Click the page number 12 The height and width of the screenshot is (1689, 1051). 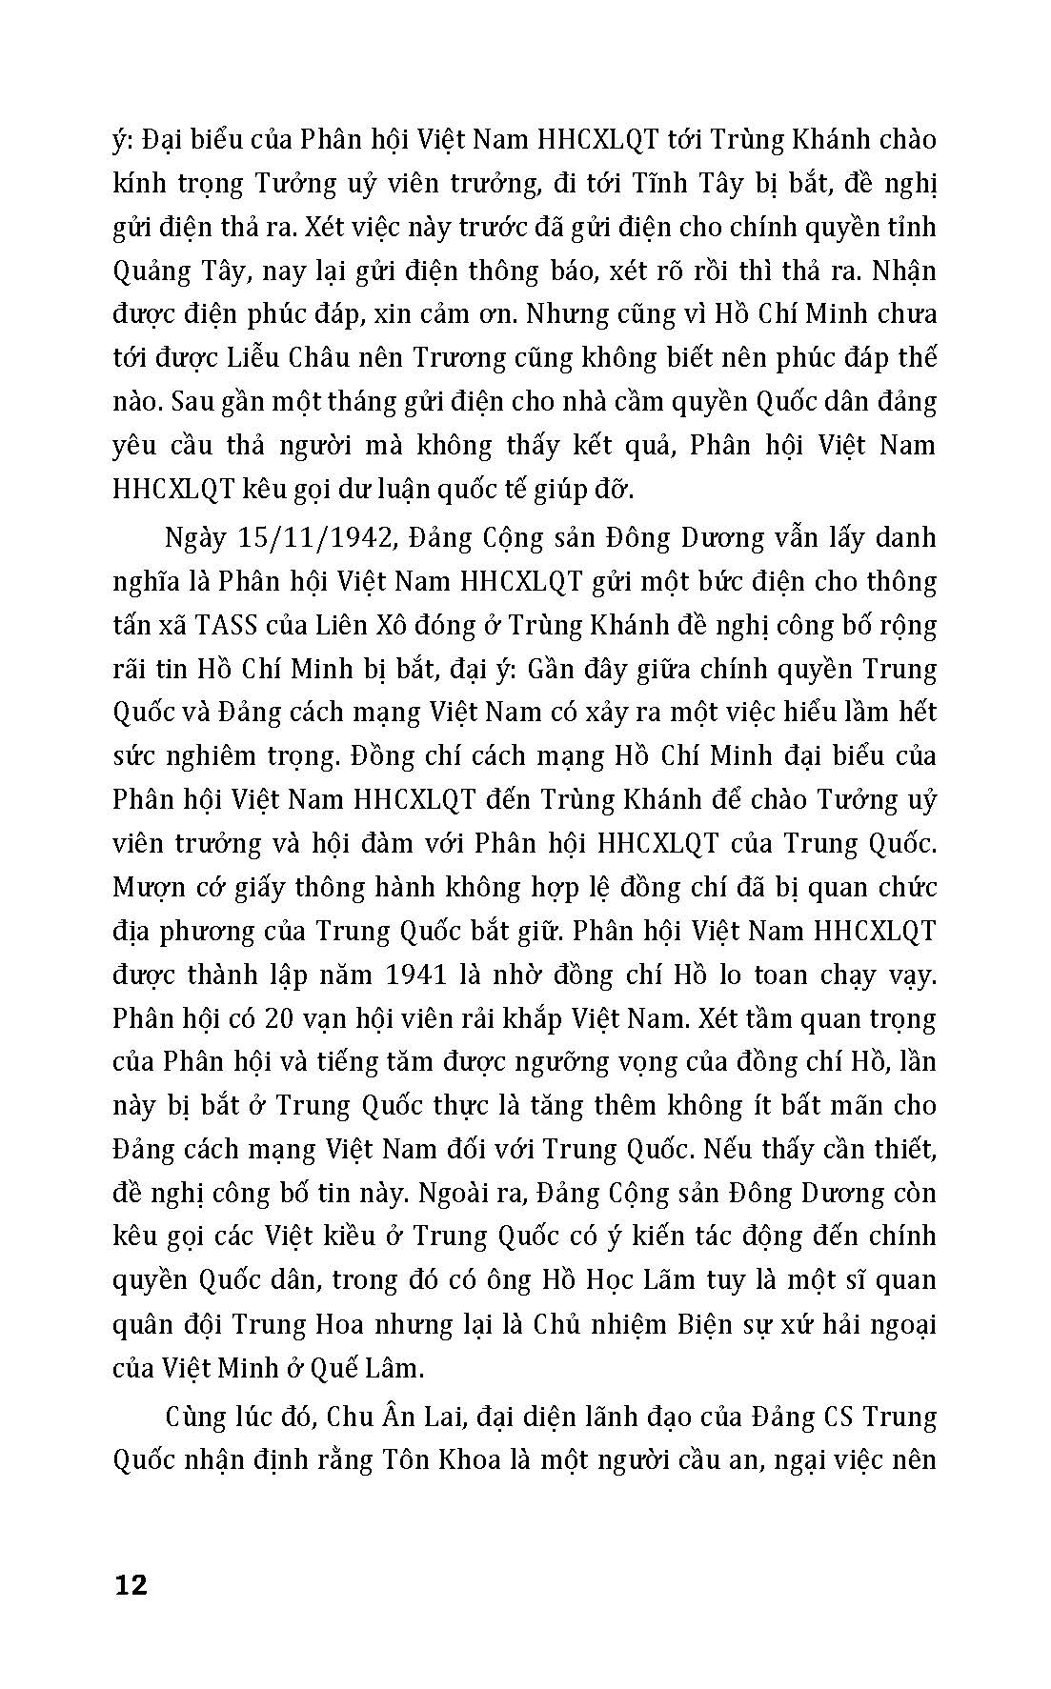click(x=131, y=1585)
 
